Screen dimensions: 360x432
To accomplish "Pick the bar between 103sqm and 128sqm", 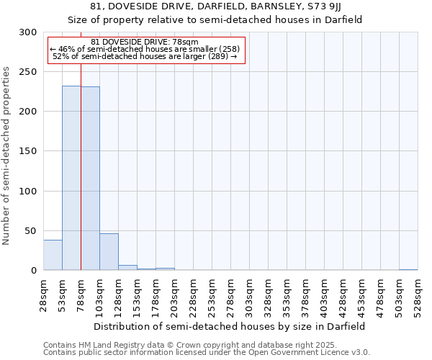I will [x=109, y=252].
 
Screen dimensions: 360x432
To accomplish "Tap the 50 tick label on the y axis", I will [x=30, y=231].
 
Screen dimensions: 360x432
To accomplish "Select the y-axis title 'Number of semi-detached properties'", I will [x=6, y=156].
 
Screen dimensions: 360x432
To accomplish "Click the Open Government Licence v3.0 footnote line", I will [x=206, y=352].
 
